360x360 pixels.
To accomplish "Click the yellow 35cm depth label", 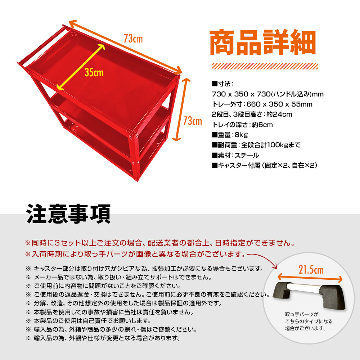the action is pos(94,73).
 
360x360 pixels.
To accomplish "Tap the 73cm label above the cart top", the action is pos(133,39).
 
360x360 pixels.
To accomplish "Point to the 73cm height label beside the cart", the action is pos(192,121).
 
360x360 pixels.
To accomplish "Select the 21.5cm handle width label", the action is pos(311,270).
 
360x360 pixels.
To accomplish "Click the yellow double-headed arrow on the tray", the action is pos(81,67).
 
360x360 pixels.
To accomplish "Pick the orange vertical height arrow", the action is pos(181,110).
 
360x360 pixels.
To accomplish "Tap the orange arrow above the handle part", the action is pos(310,278).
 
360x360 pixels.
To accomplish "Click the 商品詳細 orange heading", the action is pos(263,42).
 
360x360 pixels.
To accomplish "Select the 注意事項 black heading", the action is pos(69,214).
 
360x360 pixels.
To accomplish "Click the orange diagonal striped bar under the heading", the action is pos(265,66).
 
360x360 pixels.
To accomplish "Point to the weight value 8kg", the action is pos(241,135).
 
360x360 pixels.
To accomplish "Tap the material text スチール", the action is pos(247,156).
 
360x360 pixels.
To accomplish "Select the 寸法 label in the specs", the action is pos(222,84).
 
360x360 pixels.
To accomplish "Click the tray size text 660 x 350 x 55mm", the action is pos(279,104).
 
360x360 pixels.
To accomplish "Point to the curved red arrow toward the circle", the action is pos(263,260).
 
